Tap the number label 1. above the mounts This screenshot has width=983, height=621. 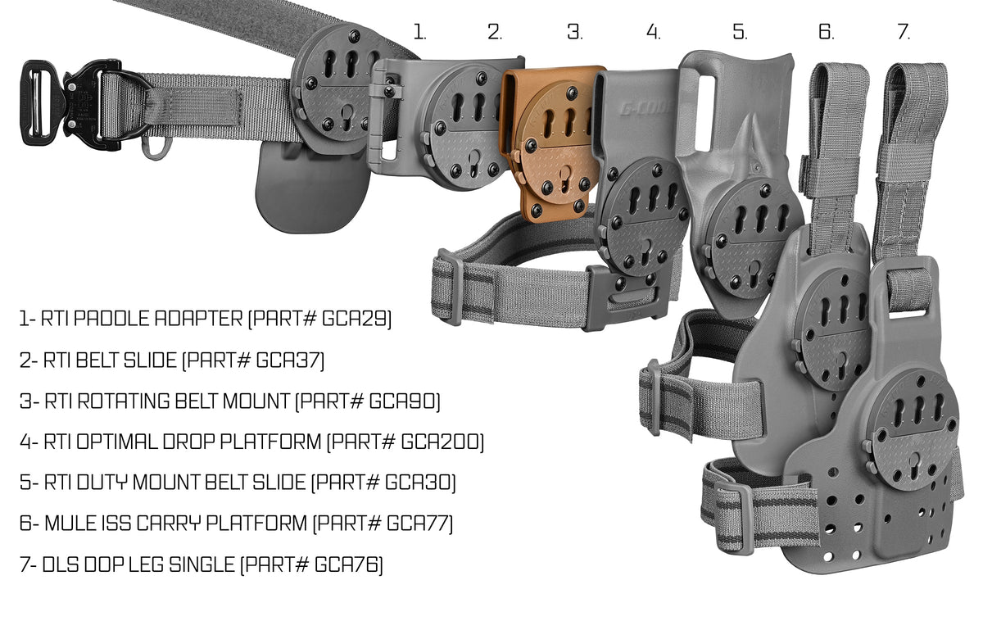[x=419, y=33]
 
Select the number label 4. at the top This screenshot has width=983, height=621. [x=653, y=33]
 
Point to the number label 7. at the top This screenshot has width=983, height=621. [x=904, y=33]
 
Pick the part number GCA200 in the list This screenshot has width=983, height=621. [x=442, y=442]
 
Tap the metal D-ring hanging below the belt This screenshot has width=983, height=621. [x=152, y=147]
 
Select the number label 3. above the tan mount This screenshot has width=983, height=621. [x=575, y=33]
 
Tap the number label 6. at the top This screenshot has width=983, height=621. [x=826, y=33]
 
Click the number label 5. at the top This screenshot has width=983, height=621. [x=740, y=33]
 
